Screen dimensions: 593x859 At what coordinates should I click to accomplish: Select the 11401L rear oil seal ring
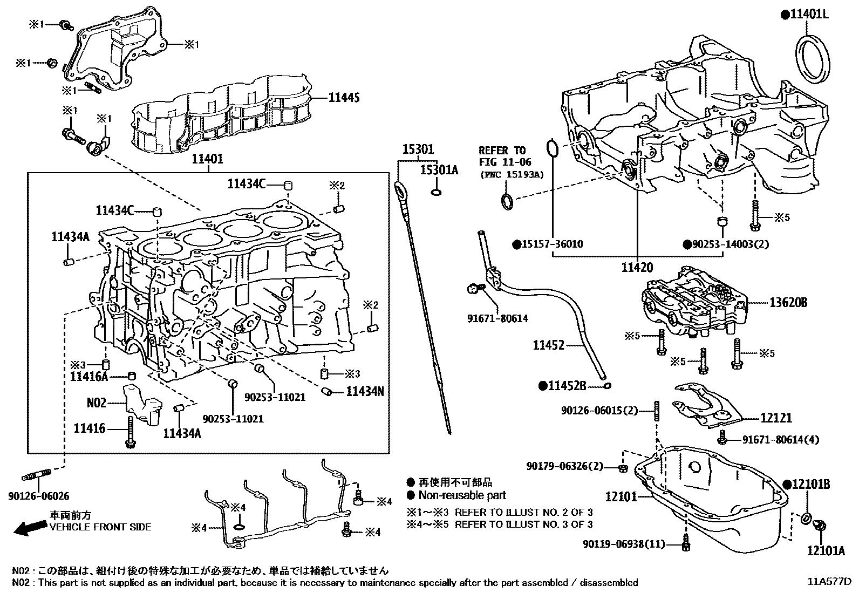coord(814,58)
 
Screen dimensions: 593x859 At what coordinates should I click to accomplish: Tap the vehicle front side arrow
coord(29,527)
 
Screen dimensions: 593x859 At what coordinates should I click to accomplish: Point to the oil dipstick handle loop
coord(401,190)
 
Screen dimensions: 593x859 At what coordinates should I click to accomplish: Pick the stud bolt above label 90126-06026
coord(36,475)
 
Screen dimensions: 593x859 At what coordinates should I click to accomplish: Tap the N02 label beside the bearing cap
coord(97,402)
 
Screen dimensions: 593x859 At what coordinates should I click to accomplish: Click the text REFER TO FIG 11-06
coord(505,156)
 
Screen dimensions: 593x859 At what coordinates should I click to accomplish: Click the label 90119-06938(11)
coord(624,544)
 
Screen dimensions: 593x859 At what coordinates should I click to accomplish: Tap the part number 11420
coord(637,267)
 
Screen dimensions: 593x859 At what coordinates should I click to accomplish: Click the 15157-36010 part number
coord(551,244)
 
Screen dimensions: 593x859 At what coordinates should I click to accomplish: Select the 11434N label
coord(365,391)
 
